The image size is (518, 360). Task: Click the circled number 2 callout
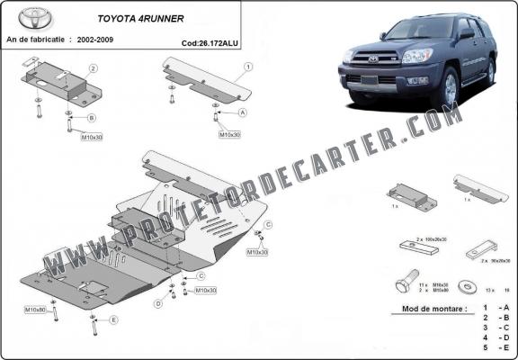[94, 68]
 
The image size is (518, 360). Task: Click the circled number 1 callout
[247, 66]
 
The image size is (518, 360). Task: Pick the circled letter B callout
[92, 118]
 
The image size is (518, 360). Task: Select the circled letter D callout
[158, 304]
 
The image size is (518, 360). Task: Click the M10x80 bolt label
[35, 310]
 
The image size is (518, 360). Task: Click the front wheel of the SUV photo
[449, 88]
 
